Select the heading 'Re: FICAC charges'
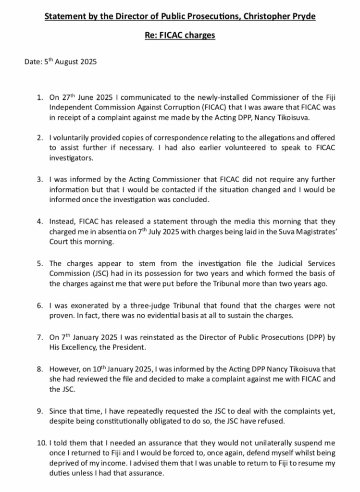(180, 36)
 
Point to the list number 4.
(40, 222)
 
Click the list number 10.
(42, 443)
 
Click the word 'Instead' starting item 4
(62, 222)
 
